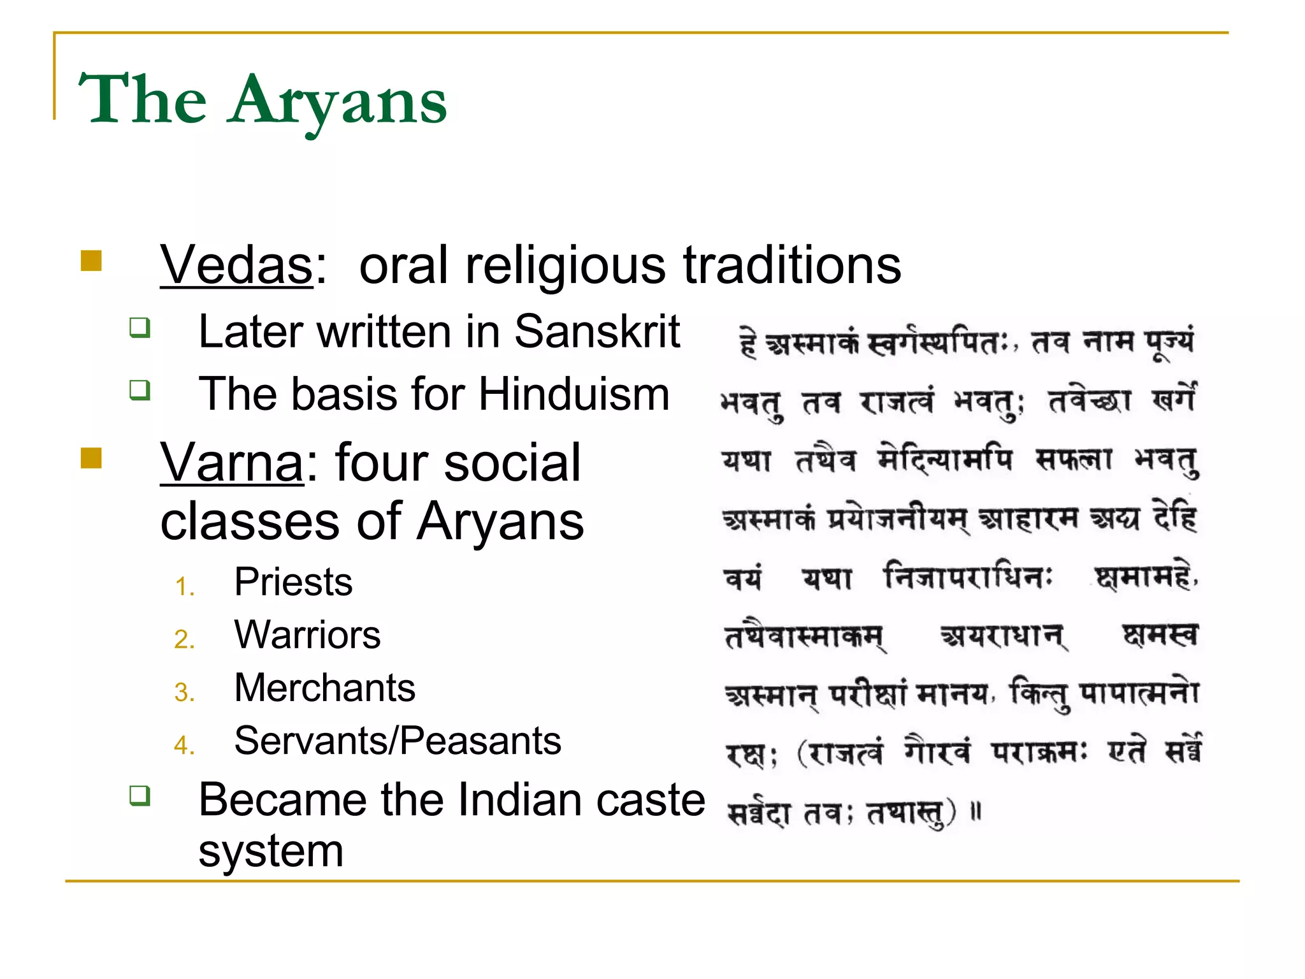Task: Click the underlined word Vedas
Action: coord(236,266)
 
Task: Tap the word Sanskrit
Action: coord(597,332)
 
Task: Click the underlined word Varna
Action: coord(232,463)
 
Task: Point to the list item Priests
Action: coord(293,583)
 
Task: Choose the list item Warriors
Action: coord(307,635)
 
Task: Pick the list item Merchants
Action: coord(324,688)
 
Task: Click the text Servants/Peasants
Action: coord(398,741)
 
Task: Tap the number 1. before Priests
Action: coord(184,586)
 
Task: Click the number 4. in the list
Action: coord(184,745)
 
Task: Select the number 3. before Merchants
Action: coord(184,692)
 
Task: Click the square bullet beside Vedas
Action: coord(92,261)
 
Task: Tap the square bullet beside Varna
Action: coord(92,458)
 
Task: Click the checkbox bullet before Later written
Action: coord(140,328)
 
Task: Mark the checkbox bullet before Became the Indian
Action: coord(140,795)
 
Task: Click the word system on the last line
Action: coord(271,852)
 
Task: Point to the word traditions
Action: coord(792,266)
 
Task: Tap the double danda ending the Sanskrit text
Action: coord(976,812)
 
